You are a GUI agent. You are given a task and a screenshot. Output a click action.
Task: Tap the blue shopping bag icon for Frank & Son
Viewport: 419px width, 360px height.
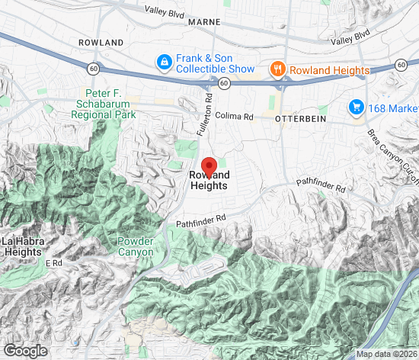click(x=163, y=62)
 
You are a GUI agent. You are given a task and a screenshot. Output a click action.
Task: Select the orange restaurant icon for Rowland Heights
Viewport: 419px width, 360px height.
click(x=278, y=70)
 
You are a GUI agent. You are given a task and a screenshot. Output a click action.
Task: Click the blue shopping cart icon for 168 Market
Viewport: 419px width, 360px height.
click(x=355, y=108)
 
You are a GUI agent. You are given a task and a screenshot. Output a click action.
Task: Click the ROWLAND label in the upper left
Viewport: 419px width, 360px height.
click(x=101, y=42)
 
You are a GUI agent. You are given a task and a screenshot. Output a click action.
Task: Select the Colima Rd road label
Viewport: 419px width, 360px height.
click(x=234, y=117)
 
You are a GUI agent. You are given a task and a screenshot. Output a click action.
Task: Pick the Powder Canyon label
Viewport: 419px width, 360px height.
click(x=136, y=246)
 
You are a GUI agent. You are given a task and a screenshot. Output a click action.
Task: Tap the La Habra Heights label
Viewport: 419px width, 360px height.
click(x=22, y=247)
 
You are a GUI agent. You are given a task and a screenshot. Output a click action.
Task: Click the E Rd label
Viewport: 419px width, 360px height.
click(x=53, y=263)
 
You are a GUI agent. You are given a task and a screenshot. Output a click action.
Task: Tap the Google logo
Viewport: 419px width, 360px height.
click(x=24, y=350)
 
